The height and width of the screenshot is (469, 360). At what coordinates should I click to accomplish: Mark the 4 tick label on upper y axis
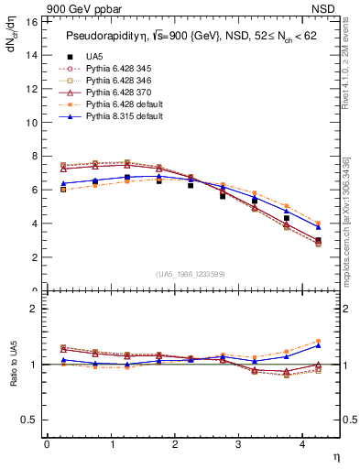34,224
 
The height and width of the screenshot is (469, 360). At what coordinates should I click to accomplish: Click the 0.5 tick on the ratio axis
29,420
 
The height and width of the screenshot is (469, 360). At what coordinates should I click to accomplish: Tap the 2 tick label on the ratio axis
34,309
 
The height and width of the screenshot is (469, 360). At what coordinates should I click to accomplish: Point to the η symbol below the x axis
335,455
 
